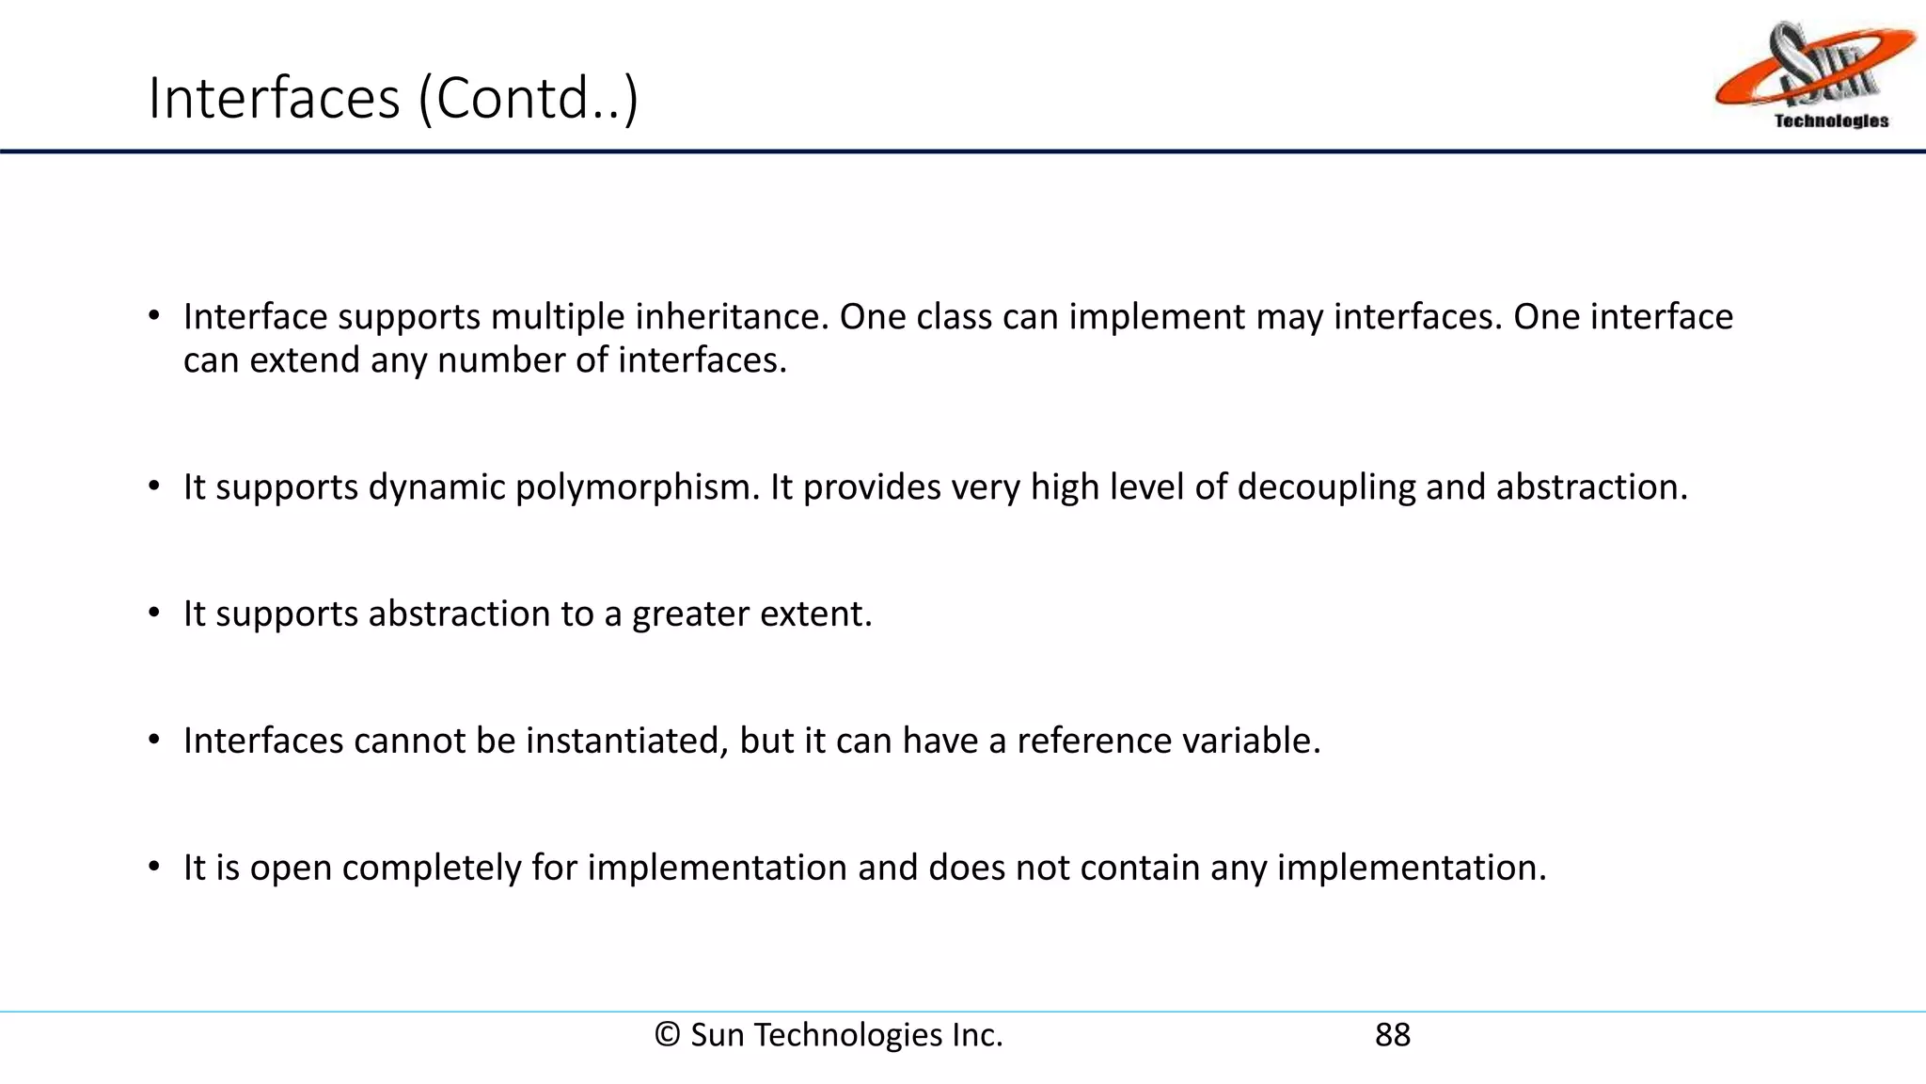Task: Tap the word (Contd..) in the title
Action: (528, 98)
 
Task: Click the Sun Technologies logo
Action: (1815, 75)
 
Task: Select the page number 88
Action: (1393, 1035)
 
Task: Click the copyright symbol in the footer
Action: (667, 1035)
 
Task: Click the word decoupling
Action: (1326, 487)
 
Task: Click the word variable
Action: (1251, 741)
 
